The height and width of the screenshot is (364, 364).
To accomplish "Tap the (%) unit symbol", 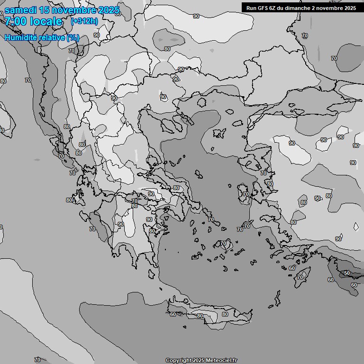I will (x=73, y=37).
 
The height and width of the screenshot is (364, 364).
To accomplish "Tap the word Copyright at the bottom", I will (x=178, y=360).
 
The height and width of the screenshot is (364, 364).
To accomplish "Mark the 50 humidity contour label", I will (x=347, y=273).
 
